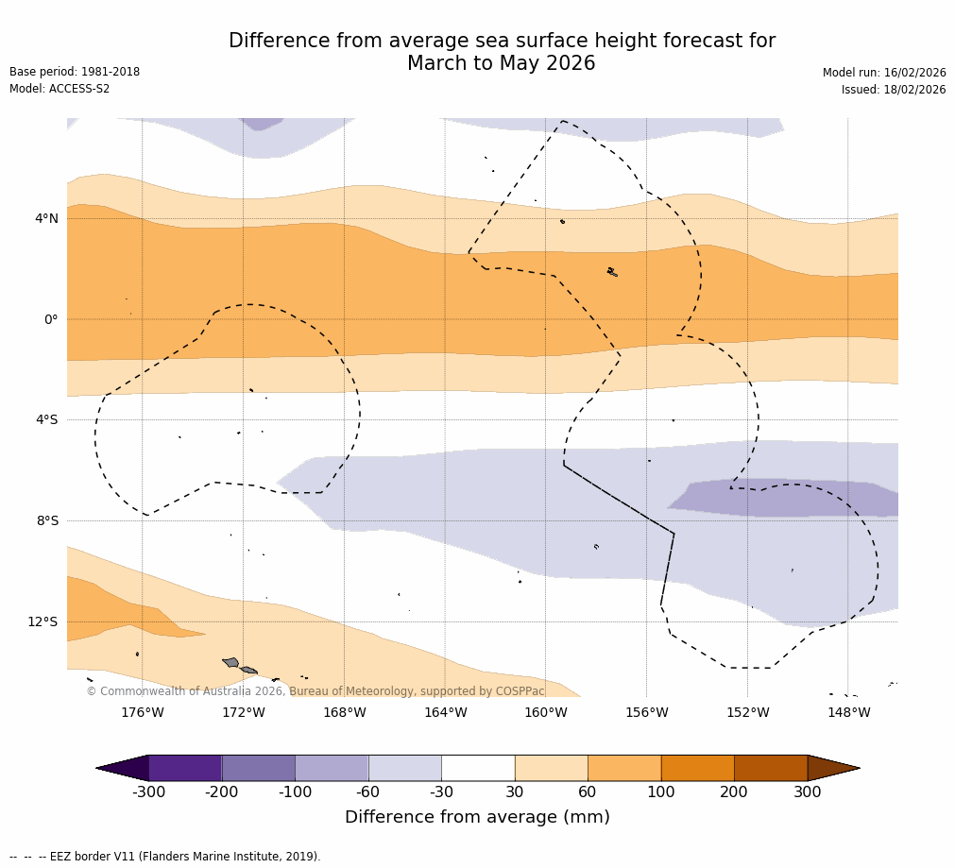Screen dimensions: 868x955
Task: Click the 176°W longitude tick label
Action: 142,712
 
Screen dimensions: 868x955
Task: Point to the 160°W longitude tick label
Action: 545,712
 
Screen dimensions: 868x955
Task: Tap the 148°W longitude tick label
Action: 848,712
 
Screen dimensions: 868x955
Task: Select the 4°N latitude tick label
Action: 46,218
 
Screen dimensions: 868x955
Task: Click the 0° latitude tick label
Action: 51,319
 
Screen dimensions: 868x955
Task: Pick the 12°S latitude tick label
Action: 43,621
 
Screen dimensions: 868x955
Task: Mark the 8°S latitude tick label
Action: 47,520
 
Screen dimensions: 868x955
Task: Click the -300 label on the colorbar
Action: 148,792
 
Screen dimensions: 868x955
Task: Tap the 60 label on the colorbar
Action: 588,792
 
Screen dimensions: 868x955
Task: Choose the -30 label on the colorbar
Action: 441,792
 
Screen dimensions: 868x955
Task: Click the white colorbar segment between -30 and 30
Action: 478,768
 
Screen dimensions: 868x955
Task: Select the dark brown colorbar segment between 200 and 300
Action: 771,768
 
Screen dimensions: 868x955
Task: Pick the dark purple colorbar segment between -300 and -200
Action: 185,768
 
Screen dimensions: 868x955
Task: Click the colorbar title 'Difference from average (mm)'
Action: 477,817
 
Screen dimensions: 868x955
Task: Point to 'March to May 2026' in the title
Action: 501,63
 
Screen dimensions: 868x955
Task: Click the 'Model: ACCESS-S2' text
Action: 60,89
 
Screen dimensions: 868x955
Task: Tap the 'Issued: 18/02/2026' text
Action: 894,90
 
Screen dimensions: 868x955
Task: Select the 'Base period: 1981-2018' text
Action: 75,72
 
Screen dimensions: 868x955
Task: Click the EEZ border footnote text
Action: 165,857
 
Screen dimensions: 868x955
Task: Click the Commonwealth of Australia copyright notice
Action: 315,691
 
